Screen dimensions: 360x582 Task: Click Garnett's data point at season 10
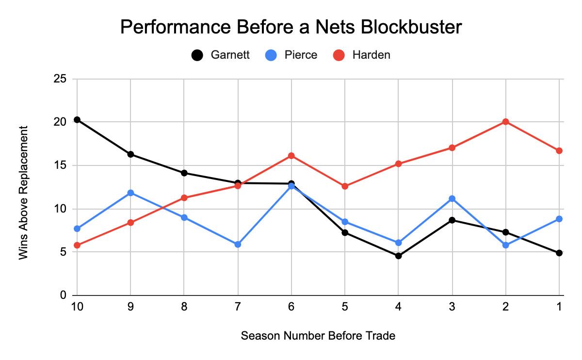77,120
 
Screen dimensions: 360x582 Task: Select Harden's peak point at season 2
506,122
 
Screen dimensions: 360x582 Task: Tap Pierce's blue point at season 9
130,193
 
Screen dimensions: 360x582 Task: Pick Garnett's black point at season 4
399,256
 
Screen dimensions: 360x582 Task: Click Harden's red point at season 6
291,156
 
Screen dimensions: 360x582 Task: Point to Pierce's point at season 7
238,245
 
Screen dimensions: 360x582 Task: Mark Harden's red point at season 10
77,245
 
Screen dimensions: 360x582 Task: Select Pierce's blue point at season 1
559,219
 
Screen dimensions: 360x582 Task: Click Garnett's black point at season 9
130,154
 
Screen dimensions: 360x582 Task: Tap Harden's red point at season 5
345,186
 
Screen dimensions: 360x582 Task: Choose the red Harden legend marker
339,55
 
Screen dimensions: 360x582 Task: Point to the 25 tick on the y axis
60,79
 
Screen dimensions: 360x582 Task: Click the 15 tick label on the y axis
60,165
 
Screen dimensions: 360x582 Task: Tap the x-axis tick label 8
184,307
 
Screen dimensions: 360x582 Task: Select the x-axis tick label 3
452,307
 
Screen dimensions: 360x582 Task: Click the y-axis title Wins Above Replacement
24,193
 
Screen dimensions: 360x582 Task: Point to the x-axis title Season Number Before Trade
318,336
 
